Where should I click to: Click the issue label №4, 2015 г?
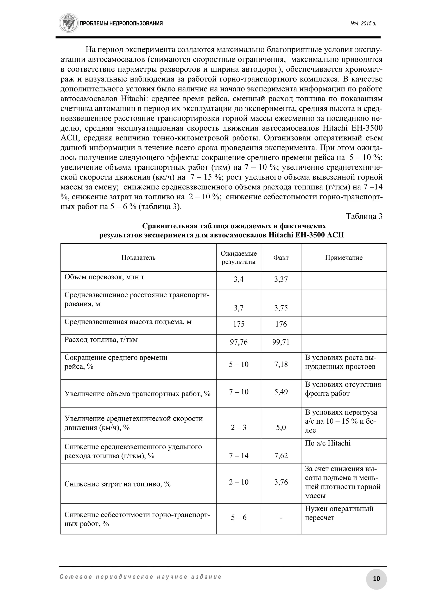point(363,24)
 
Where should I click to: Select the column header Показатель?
point(138,258)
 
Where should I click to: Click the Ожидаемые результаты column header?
point(239,258)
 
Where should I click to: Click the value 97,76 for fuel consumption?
point(239,342)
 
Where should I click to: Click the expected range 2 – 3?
point(239,427)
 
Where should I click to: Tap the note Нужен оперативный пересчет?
point(339,513)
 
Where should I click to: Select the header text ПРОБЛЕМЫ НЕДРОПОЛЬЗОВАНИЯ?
point(121,24)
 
